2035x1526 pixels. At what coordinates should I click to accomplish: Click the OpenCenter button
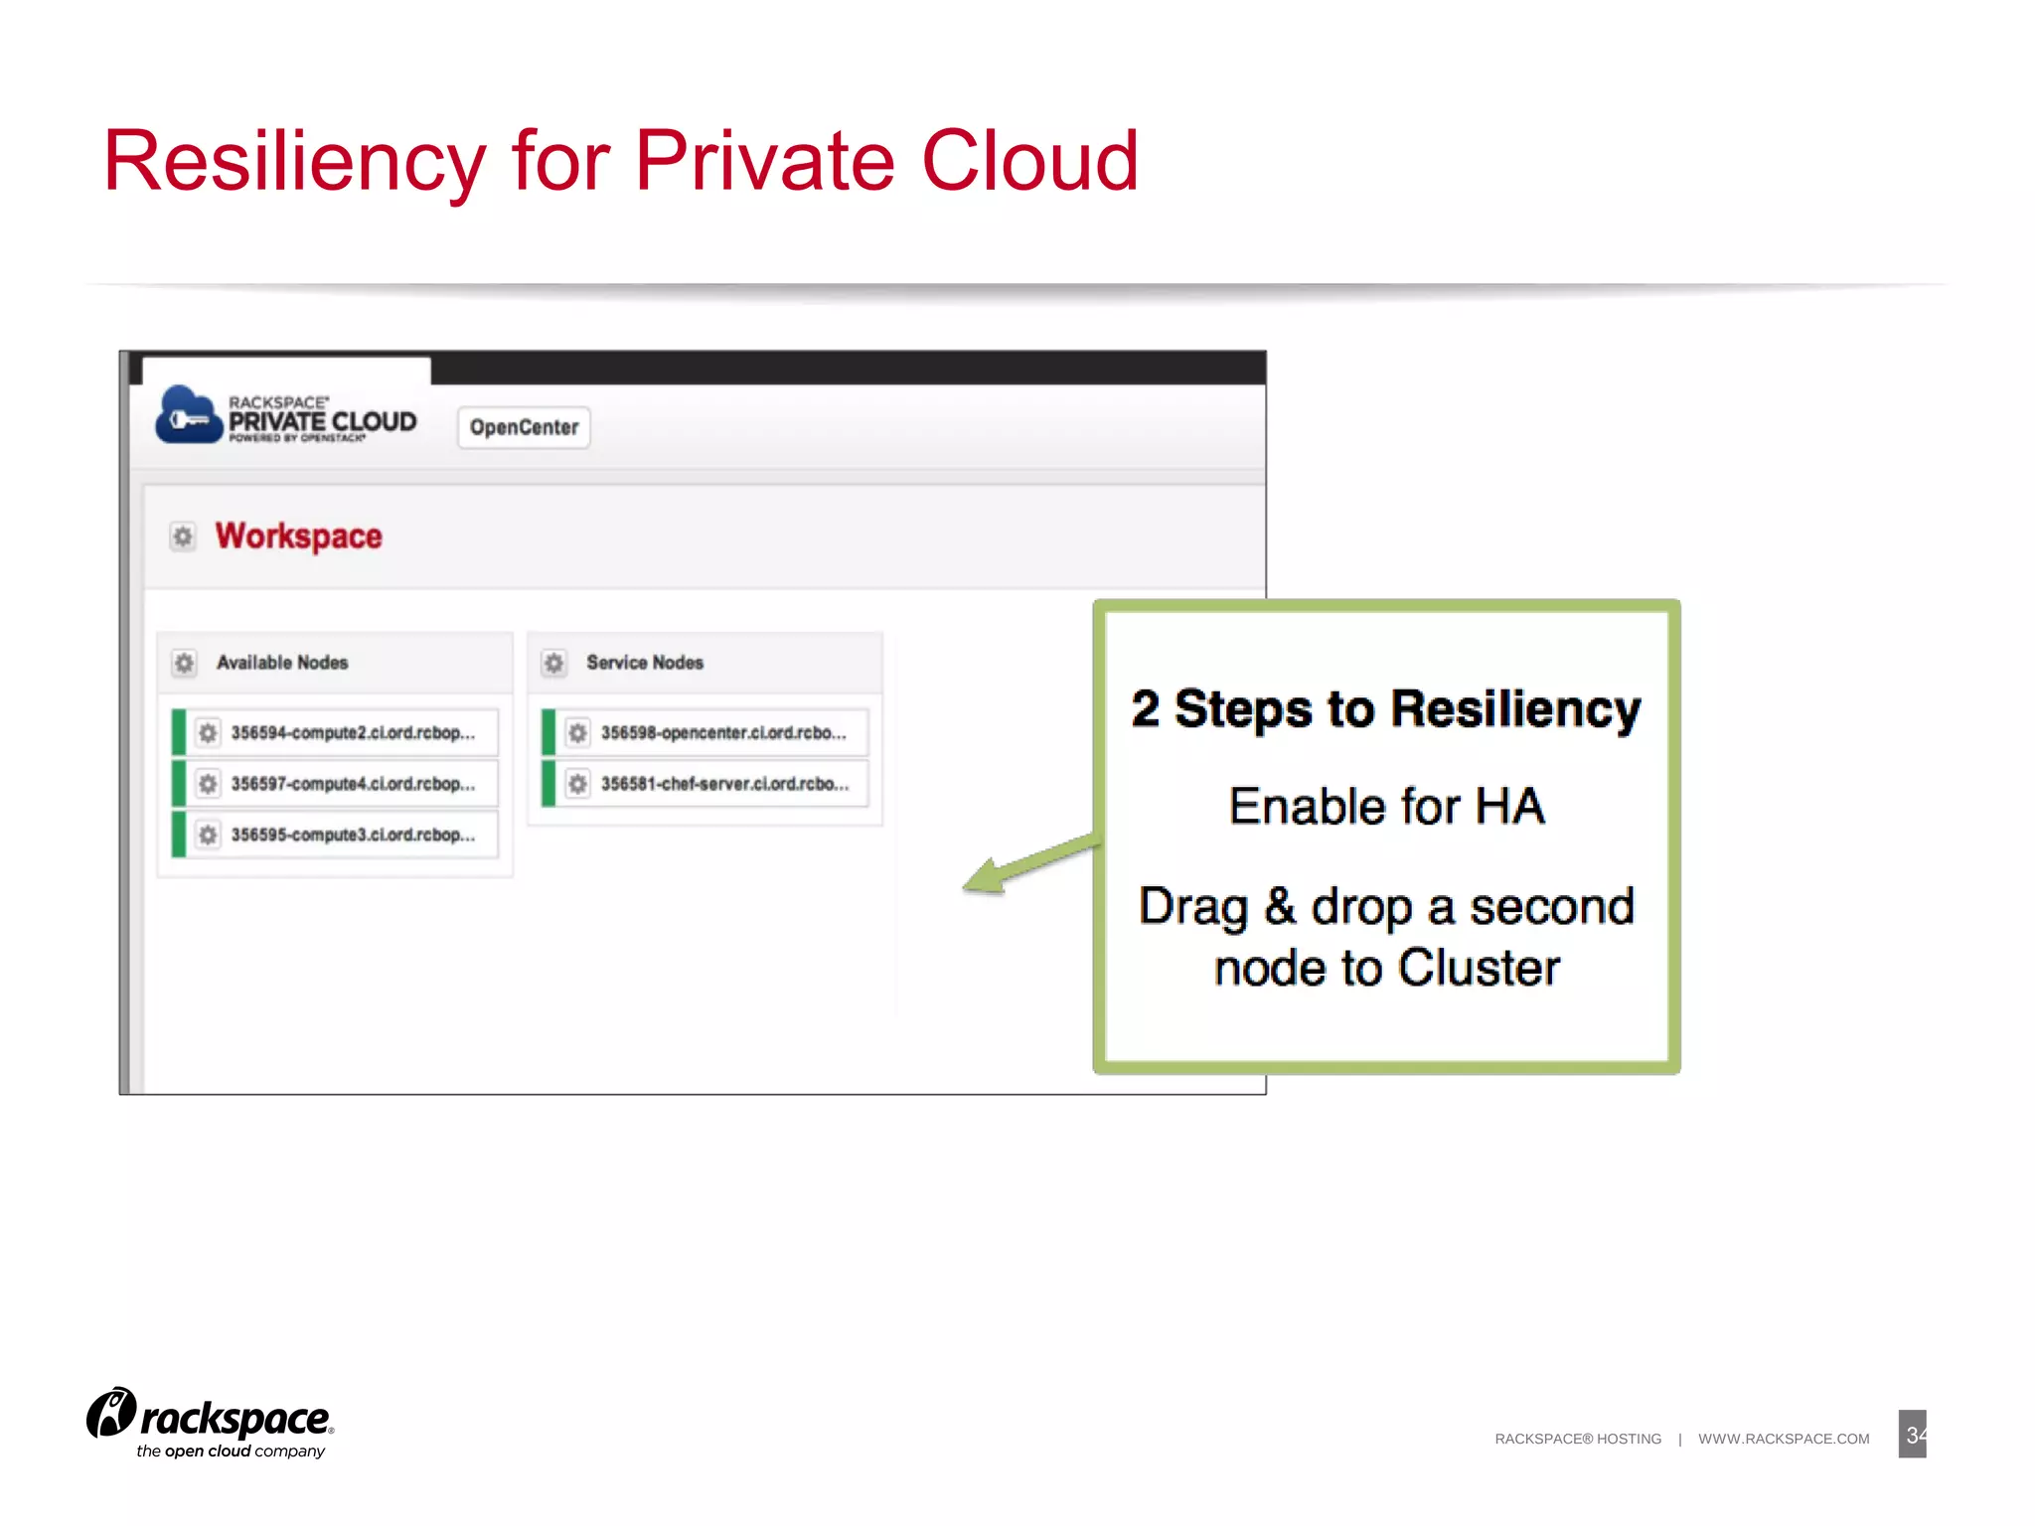coord(524,427)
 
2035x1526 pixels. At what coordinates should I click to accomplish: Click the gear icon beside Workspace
coord(183,537)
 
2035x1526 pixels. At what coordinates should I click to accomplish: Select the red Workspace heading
coord(298,536)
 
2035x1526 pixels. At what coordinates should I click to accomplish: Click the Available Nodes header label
coord(282,663)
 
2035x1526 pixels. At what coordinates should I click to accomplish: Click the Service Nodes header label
coord(644,663)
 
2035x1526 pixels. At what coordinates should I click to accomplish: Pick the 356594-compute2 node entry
coord(352,733)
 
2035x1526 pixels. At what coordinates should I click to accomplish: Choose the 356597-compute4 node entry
coord(352,784)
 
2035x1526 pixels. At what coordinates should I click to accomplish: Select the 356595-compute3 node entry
coord(352,835)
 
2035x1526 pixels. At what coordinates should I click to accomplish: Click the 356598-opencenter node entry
coord(722,733)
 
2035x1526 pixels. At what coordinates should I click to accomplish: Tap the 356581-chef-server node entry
coord(723,784)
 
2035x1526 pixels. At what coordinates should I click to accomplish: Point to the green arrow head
coord(983,877)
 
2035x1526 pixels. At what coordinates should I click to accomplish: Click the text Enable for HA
coord(1386,806)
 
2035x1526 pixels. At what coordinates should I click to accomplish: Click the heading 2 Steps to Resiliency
coord(1386,710)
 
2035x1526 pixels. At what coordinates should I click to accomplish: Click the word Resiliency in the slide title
coord(294,161)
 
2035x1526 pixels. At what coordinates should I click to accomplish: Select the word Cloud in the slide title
coord(1029,161)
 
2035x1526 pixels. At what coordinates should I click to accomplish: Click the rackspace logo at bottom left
coord(211,1423)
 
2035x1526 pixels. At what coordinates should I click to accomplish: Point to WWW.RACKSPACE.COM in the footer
coord(1784,1439)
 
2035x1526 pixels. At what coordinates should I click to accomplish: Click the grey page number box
coord(1912,1435)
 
